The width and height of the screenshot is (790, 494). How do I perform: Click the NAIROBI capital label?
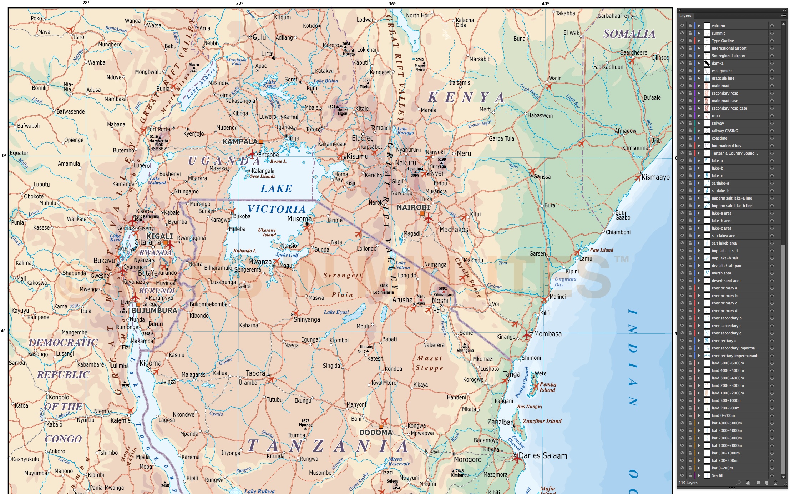point(413,207)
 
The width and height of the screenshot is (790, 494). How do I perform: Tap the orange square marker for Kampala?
point(261,142)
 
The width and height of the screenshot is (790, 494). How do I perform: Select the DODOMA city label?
point(376,433)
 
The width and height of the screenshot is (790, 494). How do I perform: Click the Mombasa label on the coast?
point(548,334)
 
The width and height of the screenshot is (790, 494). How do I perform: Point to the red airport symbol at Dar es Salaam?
point(517,459)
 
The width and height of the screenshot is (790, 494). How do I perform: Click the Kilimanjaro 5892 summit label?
point(443,292)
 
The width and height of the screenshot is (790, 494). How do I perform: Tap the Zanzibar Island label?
point(542,421)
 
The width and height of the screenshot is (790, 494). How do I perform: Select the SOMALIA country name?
point(629,34)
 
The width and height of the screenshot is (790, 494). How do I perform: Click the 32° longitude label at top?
point(239,3)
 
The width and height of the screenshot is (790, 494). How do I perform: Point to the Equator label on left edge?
point(19,153)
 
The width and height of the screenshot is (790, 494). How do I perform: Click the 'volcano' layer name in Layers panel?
point(718,26)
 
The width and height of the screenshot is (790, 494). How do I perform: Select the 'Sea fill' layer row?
point(717,475)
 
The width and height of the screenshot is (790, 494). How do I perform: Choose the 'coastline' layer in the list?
point(719,138)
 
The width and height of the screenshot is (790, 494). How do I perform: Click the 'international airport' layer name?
point(729,48)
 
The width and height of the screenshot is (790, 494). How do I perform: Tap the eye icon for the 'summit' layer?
point(682,33)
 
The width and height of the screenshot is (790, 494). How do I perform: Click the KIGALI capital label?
point(159,236)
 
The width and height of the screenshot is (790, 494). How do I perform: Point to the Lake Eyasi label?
point(336,312)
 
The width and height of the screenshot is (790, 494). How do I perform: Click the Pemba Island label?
point(548,387)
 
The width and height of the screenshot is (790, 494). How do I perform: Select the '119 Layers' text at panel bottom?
point(688,483)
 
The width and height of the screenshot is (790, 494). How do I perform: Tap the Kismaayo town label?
point(655,177)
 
